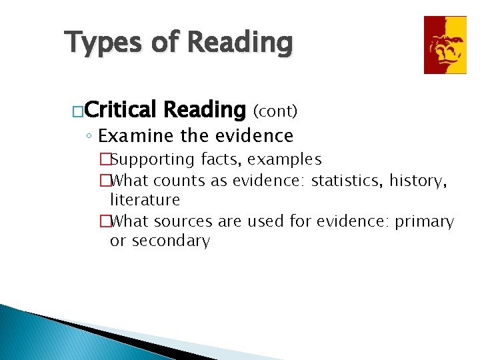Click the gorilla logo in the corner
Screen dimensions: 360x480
click(445, 45)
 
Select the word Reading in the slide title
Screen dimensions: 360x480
click(240, 43)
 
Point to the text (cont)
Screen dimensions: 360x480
click(274, 110)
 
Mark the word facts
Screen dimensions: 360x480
click(221, 159)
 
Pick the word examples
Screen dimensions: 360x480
click(285, 160)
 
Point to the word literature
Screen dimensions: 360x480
click(145, 200)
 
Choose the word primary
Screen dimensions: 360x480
click(424, 221)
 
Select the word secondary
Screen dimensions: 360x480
click(171, 241)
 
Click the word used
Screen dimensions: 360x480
click(265, 221)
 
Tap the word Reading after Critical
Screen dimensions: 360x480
click(204, 109)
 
